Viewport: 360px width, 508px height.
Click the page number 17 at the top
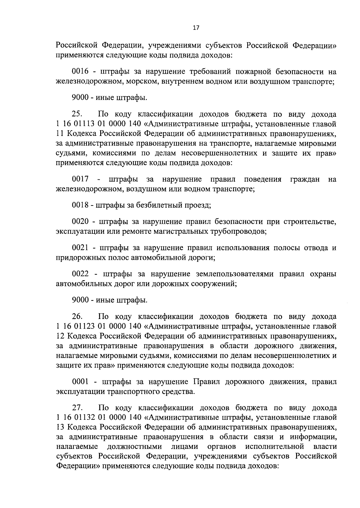click(x=196, y=28)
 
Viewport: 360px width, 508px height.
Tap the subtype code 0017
click(x=80, y=179)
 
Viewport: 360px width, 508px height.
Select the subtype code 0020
click(x=80, y=222)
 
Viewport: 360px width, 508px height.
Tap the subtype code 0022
click(x=80, y=274)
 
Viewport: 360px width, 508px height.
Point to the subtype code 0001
click(x=80, y=382)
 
